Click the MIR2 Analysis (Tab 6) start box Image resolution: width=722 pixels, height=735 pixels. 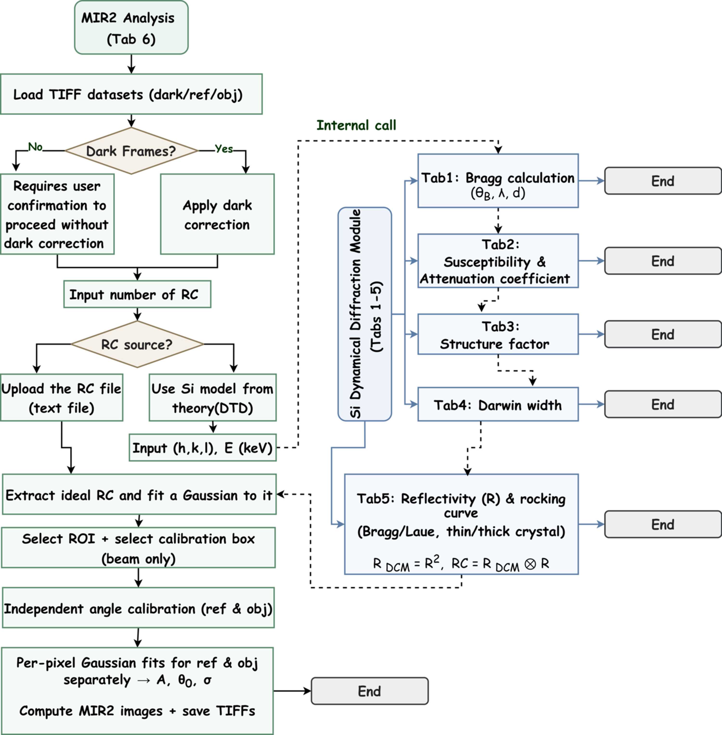pos(131,27)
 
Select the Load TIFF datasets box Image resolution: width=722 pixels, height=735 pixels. pos(131,94)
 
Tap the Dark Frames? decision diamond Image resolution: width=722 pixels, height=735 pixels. pos(131,151)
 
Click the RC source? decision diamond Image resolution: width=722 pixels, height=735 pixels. pos(137,344)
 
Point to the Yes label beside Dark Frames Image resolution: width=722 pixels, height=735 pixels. pos(224,149)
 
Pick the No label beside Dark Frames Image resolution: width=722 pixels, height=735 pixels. pos(35,147)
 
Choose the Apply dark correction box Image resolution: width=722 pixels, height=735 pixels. pos(217,214)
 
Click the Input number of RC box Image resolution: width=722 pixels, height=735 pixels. pos(137,294)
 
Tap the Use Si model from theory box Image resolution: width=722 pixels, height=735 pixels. pos(213,397)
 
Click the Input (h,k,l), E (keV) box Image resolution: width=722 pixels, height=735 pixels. pos(203,448)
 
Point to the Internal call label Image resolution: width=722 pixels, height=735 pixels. pos(356,125)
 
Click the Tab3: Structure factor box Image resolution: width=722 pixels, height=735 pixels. pos(498,334)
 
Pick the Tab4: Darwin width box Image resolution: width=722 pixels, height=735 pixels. pos(498,404)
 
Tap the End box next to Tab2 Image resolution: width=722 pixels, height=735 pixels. pos(663,261)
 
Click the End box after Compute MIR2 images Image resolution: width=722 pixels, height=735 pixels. pos(370,691)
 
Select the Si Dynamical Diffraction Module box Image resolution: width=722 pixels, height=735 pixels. pos(365,314)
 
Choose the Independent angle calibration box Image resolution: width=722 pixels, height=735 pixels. pos(138,608)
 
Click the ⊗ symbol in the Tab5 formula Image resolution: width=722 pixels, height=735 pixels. pos(530,564)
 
